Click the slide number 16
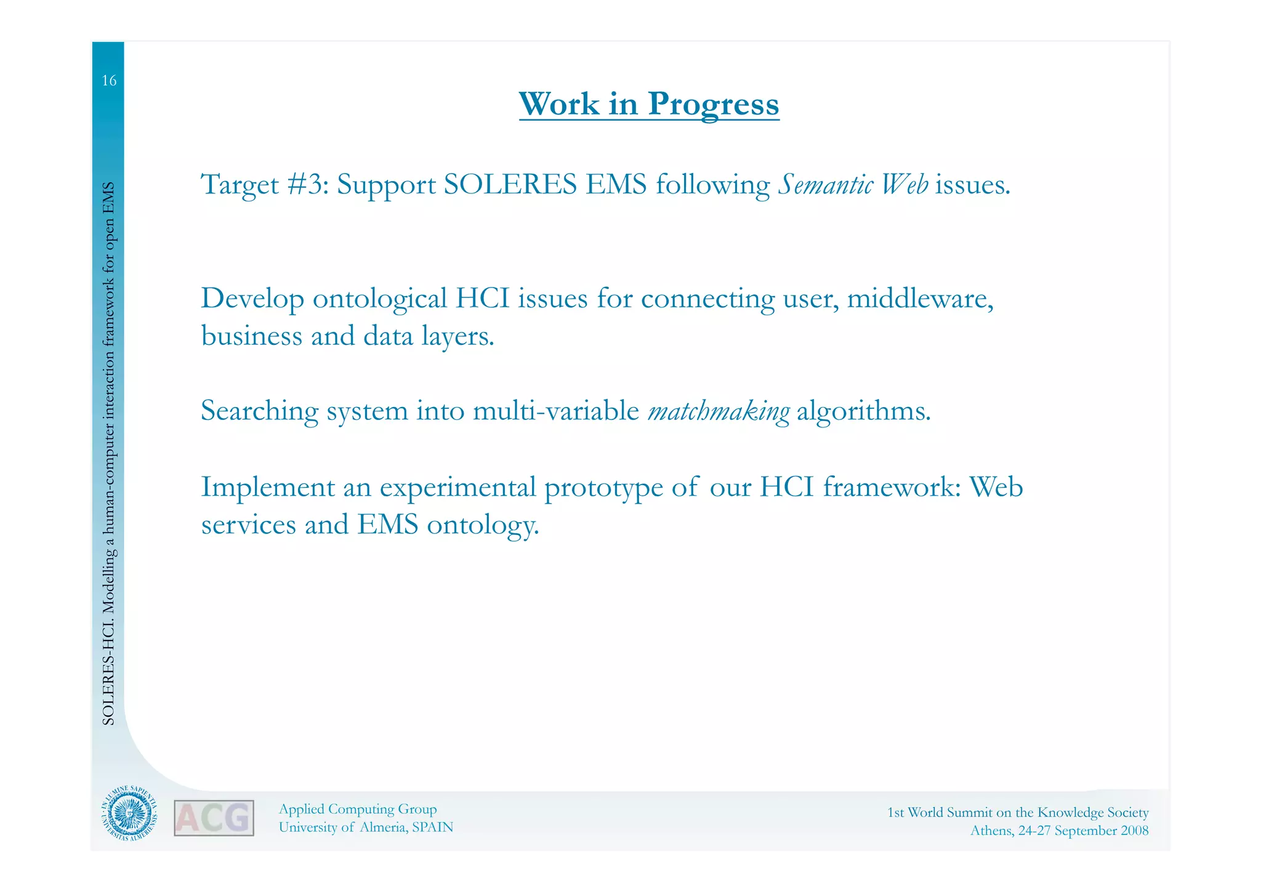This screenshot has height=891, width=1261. coord(109,81)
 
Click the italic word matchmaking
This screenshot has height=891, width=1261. coord(719,411)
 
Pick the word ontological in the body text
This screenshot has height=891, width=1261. coord(379,299)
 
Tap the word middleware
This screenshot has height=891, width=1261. coord(920,299)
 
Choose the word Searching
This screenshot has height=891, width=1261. coord(259,411)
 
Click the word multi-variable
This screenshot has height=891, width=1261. coord(556,411)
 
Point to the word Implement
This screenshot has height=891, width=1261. coord(268,488)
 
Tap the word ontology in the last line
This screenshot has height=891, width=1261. coord(483,525)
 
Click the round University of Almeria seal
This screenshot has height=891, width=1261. coord(129,814)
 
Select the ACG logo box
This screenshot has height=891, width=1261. coord(214,818)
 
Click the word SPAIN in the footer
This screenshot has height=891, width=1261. coord(432,828)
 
